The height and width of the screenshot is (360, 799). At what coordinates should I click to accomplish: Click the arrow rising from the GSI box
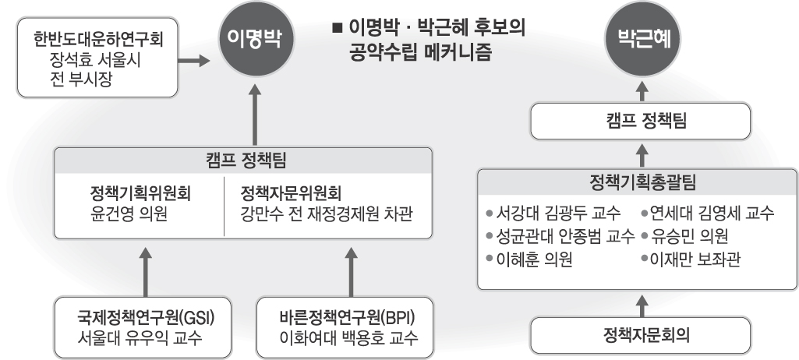tap(146, 273)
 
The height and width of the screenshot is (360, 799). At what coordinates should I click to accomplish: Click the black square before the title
tap(337, 26)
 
